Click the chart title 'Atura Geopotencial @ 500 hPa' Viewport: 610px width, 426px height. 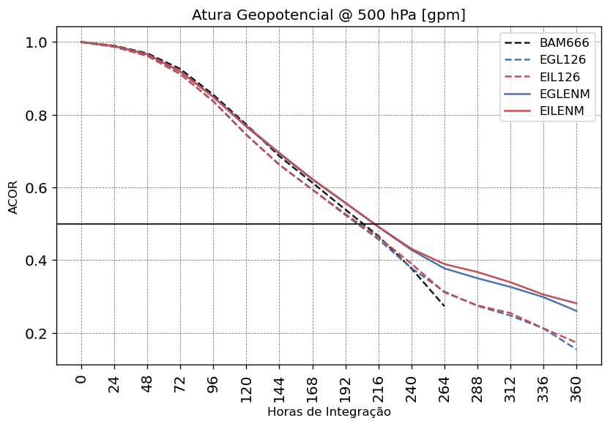point(328,15)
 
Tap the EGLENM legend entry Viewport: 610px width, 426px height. point(564,94)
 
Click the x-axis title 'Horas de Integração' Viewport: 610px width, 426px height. point(328,412)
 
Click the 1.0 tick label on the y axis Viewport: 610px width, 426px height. point(36,42)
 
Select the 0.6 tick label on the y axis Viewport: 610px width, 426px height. point(36,188)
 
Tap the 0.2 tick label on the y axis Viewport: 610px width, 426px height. point(36,334)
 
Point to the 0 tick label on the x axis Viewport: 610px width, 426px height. point(81,381)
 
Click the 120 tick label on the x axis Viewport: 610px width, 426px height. point(246,386)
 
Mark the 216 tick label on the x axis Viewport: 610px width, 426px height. point(379,386)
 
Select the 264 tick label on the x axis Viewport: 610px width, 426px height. point(445,386)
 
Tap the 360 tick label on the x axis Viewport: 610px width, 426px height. point(576,386)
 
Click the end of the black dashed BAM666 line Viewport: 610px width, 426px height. point(445,305)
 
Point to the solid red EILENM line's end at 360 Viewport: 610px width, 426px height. point(576,303)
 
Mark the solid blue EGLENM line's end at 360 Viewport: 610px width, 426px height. point(576,311)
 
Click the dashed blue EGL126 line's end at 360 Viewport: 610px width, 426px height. point(576,349)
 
